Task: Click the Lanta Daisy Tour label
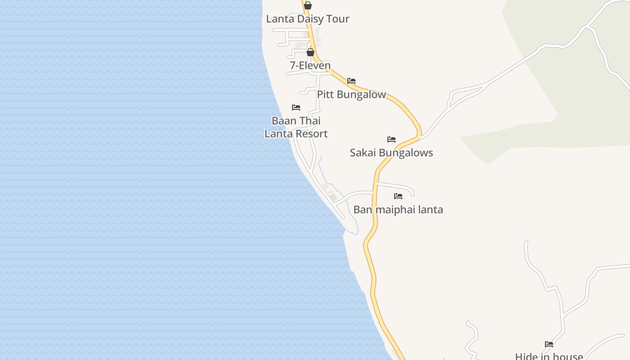click(308, 19)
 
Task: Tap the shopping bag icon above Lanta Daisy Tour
click(308, 5)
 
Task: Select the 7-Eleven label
click(310, 66)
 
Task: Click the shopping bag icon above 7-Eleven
click(310, 52)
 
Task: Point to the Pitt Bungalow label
click(351, 94)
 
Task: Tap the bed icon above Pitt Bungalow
click(351, 81)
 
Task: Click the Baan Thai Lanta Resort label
click(296, 127)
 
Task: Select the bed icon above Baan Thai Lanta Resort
click(296, 108)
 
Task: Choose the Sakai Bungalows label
click(391, 153)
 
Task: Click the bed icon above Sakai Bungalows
click(391, 139)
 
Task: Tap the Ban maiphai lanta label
click(398, 210)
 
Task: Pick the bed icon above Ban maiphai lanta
click(398, 196)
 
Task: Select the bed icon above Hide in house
click(549, 344)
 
